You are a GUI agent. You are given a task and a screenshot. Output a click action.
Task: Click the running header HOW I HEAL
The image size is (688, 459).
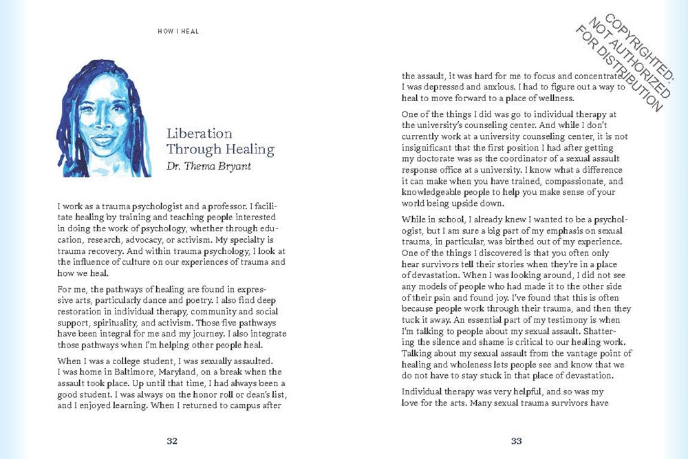tap(178, 31)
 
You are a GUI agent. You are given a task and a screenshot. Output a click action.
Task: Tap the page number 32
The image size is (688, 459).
tap(173, 441)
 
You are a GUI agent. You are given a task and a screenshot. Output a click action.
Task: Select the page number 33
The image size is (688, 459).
tap(516, 441)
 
